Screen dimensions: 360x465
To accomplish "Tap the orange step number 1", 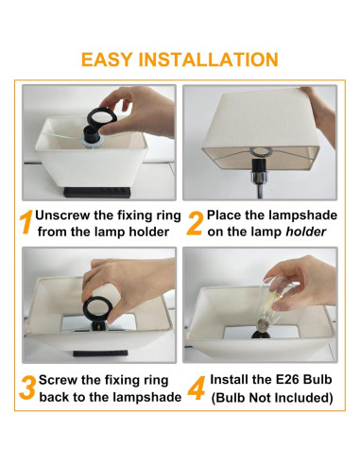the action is tap(26, 222).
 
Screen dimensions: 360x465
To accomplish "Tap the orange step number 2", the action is tap(195, 223).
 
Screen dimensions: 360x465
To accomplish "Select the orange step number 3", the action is tap(27, 388).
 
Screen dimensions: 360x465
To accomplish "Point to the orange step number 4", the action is tap(197, 388).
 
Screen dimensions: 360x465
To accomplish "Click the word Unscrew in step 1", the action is tap(62, 215).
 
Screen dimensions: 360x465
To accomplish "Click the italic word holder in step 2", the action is tap(305, 232).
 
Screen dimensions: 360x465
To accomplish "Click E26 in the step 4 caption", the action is tap(287, 379).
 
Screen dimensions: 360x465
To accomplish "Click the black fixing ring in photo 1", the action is tap(102, 117).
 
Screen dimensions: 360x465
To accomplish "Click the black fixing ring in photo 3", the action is tap(96, 309).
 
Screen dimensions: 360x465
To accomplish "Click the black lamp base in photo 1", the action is tap(97, 192).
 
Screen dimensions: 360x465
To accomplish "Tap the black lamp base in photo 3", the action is tap(100, 353).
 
